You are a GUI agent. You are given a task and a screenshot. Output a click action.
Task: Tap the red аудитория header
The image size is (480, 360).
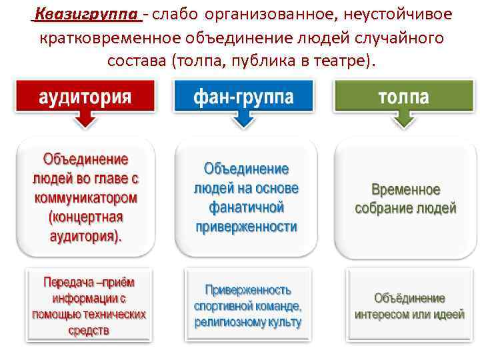click(85, 97)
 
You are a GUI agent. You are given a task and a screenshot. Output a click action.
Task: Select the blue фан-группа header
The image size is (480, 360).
click(243, 97)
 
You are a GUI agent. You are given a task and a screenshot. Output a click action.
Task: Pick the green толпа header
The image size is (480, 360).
click(403, 97)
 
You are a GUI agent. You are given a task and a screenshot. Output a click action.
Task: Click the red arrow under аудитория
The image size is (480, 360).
click(85, 120)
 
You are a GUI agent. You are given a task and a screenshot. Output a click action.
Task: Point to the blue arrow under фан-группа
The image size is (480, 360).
click(244, 120)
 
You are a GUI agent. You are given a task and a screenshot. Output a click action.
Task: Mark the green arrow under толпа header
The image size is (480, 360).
click(404, 120)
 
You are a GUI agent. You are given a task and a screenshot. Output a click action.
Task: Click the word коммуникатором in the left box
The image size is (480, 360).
click(85, 198)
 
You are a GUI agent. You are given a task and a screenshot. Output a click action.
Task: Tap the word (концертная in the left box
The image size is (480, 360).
click(85, 217)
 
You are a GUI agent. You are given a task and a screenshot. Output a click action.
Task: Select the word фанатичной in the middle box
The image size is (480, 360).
click(245, 207)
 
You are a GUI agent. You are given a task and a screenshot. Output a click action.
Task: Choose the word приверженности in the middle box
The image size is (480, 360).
click(246, 227)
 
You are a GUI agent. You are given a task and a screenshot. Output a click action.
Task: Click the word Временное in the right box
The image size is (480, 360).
click(405, 189)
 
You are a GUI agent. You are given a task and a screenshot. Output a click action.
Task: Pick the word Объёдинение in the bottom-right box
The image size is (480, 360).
click(409, 298)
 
